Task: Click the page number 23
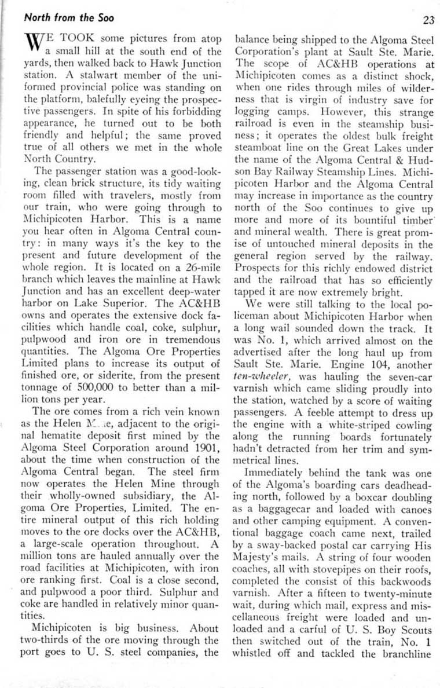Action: coord(428,20)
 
